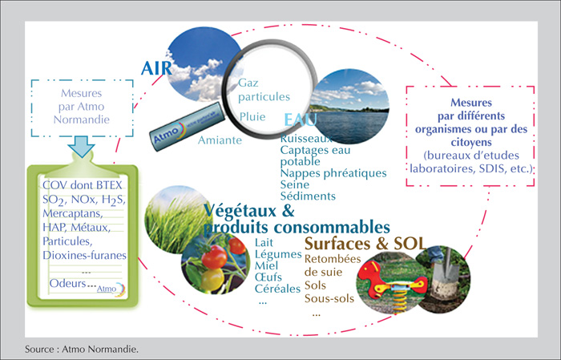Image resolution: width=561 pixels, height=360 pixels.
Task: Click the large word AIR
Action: tap(156, 68)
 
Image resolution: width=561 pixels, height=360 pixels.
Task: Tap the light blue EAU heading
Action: tap(301, 120)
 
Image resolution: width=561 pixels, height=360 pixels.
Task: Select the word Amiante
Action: tap(220, 140)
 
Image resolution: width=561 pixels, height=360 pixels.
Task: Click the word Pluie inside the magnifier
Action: tap(252, 117)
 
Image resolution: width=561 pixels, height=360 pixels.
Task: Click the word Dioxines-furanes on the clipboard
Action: tap(84, 255)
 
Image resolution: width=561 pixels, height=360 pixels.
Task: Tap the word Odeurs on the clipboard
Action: tap(68, 283)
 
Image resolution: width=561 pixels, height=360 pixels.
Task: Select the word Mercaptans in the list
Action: tap(73, 213)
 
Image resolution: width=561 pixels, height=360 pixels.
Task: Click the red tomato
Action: tap(214, 257)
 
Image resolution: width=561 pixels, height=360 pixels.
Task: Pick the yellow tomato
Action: tap(212, 279)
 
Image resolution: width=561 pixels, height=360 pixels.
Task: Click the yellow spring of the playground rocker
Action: tap(398, 300)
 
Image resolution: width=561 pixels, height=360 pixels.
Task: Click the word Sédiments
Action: tap(308, 196)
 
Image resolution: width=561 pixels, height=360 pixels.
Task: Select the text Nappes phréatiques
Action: tap(333, 173)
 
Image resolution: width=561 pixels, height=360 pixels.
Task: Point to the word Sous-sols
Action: tap(329, 298)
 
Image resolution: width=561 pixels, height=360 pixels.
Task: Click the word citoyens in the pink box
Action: tap(471, 143)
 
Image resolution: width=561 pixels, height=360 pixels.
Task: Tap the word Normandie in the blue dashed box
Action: tap(82, 119)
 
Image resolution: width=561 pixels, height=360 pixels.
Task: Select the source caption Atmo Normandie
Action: tap(100, 349)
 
